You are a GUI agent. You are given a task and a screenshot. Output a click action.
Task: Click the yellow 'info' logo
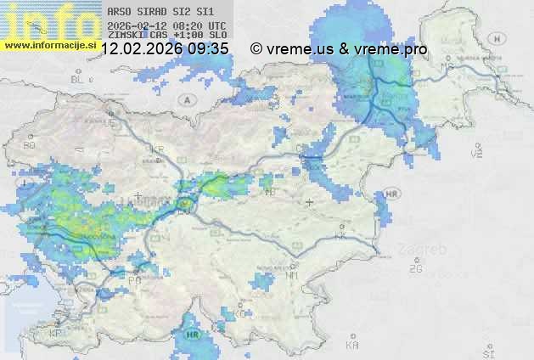[47, 19]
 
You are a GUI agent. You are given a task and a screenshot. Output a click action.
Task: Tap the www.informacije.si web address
[49, 45]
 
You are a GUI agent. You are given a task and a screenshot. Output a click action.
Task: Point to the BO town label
[30, 145]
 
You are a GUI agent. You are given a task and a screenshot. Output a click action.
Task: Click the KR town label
[157, 149]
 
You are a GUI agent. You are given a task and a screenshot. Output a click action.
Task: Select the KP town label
[55, 334]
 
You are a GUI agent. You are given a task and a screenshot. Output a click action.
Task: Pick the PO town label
[134, 279]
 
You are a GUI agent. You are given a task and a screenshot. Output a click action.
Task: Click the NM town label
[293, 275]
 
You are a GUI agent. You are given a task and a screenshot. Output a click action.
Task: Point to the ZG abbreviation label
[415, 269]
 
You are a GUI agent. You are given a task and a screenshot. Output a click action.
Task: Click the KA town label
[352, 346]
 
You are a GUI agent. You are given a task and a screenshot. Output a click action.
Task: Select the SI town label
[487, 351]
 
